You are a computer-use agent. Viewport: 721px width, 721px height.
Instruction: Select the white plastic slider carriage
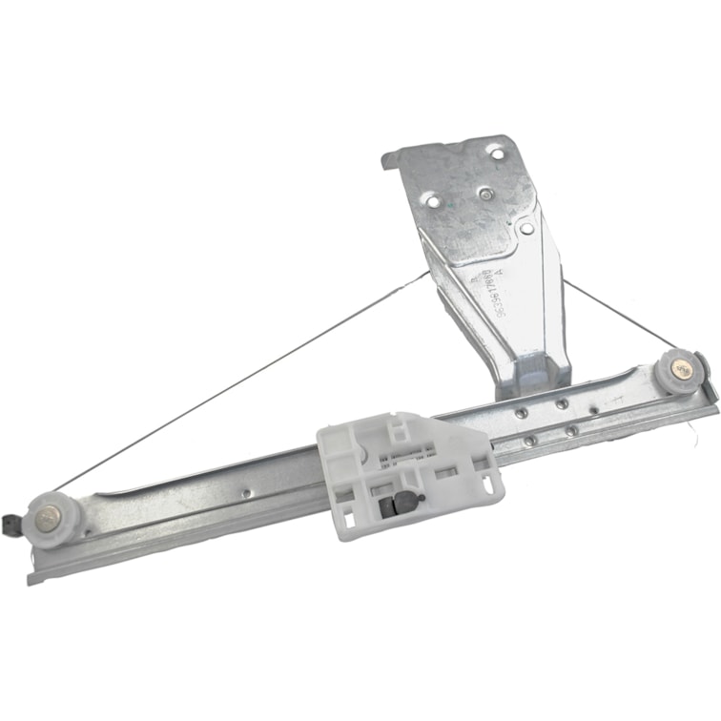410,472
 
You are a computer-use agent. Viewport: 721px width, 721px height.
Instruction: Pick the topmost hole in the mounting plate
494,151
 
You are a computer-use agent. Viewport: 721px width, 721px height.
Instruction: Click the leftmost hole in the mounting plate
432,200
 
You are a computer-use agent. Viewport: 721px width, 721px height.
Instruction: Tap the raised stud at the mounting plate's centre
486,194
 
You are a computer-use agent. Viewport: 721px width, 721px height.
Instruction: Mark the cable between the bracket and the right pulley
620,315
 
